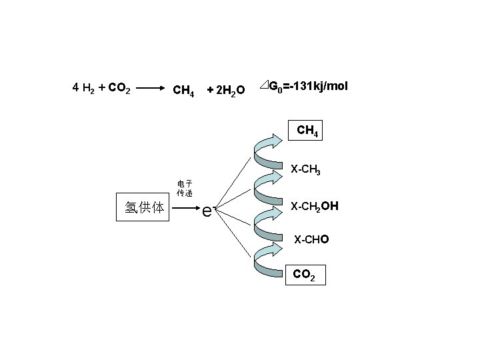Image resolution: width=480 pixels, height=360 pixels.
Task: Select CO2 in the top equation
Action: point(119,87)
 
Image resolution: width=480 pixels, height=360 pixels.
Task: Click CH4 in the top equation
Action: point(183,89)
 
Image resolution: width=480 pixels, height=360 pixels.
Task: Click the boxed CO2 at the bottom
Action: point(305,274)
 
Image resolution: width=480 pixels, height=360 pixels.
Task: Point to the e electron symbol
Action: point(207,210)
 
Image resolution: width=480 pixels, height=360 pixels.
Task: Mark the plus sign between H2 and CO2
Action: point(101,87)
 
